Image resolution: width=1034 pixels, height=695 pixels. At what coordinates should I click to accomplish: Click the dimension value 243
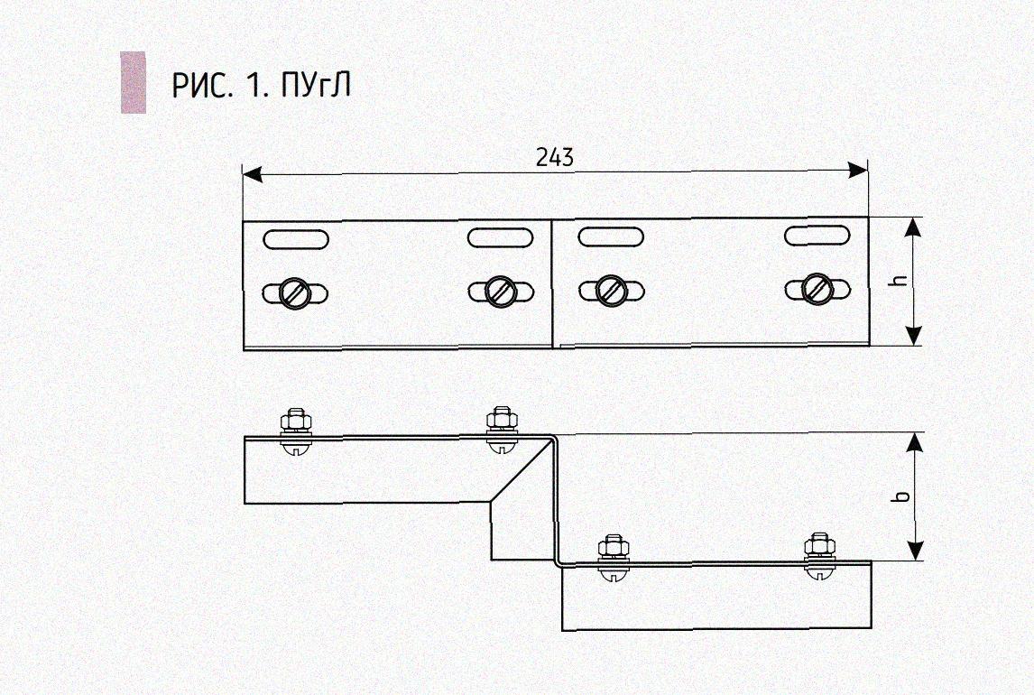tap(555, 158)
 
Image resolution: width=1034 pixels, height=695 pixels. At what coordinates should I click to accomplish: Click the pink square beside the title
tap(134, 82)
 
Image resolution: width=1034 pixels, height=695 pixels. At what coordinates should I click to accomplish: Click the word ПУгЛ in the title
tap(316, 85)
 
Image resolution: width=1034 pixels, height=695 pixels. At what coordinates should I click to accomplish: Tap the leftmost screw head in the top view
tap(295, 292)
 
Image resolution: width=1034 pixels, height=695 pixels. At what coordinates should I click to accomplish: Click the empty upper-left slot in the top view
tap(296, 239)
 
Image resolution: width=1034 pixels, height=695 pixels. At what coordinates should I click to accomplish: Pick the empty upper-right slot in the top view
tap(817, 236)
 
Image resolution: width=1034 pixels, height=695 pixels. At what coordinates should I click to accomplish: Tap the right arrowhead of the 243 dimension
tap(857, 170)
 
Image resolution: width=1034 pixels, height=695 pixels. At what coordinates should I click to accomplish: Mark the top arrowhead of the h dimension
tap(913, 227)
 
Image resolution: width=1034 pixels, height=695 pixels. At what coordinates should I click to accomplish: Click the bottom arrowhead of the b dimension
tap(914, 550)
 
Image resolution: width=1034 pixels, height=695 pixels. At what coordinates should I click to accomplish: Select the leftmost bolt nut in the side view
tap(295, 421)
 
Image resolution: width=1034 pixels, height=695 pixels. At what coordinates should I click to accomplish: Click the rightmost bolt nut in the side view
tap(819, 545)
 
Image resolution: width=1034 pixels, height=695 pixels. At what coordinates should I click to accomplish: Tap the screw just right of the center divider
tap(611, 291)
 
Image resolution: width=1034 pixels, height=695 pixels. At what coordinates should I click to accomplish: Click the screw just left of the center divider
tap(500, 291)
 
